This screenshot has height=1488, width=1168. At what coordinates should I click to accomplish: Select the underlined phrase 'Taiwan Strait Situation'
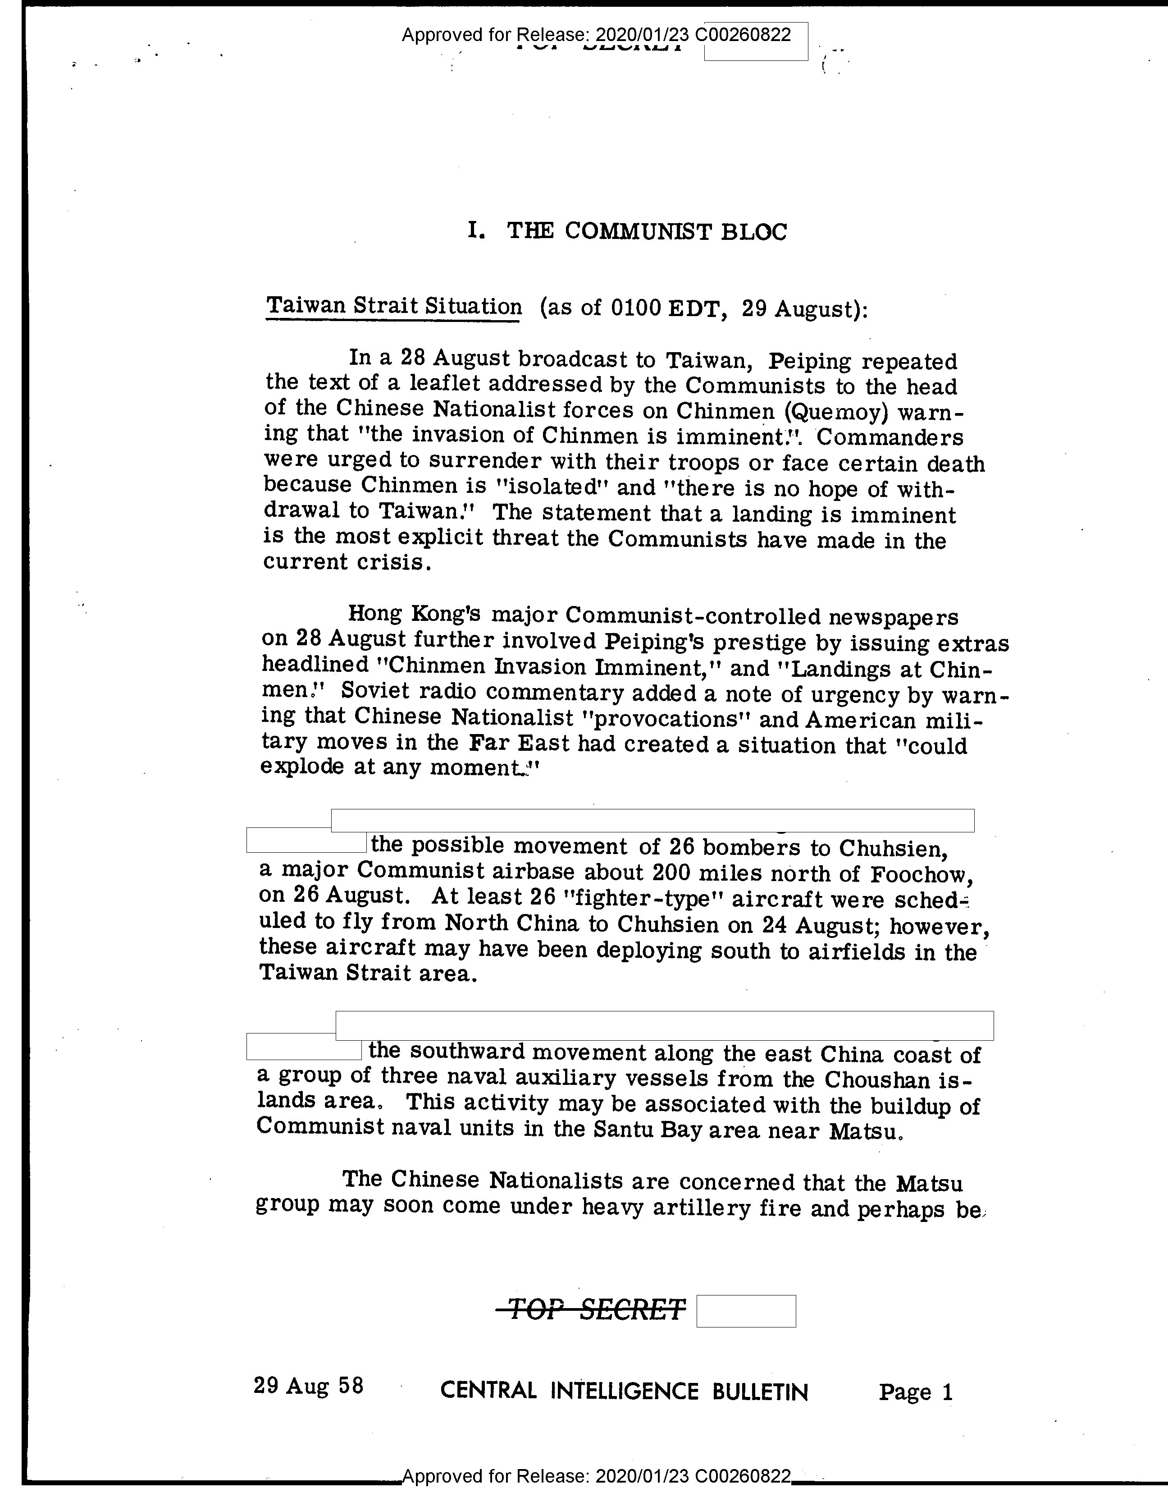[393, 306]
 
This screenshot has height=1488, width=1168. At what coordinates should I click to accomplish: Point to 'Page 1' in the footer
[915, 1392]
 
